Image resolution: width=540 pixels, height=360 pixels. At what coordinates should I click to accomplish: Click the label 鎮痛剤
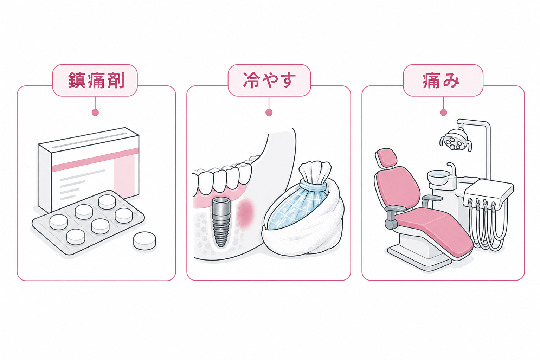96,80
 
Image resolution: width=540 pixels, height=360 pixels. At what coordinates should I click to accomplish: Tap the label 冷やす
269,80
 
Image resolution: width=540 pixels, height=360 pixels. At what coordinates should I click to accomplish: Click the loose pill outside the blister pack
144,240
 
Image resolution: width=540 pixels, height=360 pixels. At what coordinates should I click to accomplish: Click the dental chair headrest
386,158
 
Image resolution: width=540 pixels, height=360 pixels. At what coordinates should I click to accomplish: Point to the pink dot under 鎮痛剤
95,112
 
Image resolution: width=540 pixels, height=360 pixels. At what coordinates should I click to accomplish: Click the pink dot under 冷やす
269,112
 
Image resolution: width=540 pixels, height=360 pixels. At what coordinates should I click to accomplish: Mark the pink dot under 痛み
443,112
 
